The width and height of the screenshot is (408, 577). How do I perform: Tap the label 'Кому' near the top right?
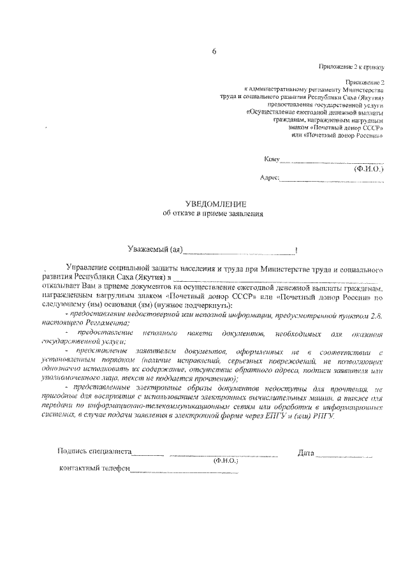[272, 159]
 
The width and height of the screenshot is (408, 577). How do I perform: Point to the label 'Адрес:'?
[270, 179]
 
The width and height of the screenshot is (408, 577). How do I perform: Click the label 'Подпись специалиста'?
[94, 452]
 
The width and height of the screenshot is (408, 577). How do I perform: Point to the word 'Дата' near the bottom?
[306, 453]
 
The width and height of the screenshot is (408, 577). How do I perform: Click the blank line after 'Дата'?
[344, 455]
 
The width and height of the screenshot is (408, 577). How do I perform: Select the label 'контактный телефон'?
[94, 469]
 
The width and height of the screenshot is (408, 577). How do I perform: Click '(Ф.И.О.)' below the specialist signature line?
[226, 460]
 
